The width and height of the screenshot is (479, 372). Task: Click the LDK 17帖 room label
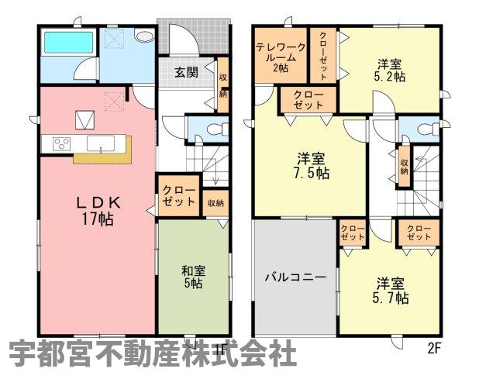[x=98, y=211]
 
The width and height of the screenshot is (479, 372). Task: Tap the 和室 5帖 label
[x=193, y=277]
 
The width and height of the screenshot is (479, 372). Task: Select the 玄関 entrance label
[x=186, y=72]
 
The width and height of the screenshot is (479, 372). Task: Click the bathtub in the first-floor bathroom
[x=69, y=42]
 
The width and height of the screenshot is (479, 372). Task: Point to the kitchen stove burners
[x=62, y=143]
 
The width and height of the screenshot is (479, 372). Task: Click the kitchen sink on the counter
[x=101, y=143]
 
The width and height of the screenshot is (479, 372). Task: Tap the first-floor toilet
[x=218, y=129]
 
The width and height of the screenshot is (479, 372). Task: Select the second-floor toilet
[x=429, y=129]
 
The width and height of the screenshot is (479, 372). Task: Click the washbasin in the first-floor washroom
[x=144, y=36]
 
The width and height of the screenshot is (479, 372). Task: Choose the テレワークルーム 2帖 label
[x=281, y=57]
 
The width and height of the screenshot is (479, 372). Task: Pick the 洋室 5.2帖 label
[x=390, y=71]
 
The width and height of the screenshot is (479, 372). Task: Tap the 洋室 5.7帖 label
[x=390, y=291]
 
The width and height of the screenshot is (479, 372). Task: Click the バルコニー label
[x=296, y=277]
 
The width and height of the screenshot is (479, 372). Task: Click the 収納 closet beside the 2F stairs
[x=404, y=167]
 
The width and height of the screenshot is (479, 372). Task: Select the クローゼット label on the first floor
[x=179, y=196]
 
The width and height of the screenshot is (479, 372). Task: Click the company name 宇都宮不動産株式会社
[x=153, y=353]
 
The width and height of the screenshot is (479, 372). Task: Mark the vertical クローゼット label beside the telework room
[x=323, y=56]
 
